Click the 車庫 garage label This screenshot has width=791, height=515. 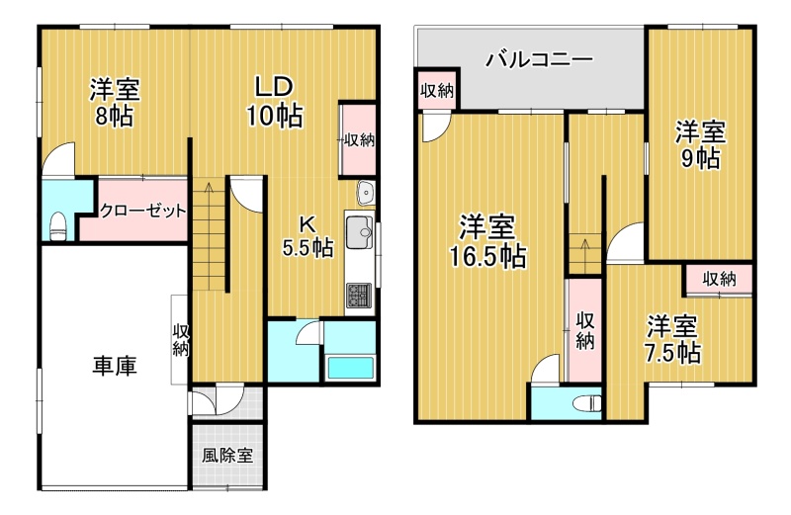pyautogui.click(x=115, y=366)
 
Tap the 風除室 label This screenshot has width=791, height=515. pyautogui.click(x=227, y=456)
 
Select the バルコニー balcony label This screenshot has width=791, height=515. pyautogui.click(x=539, y=60)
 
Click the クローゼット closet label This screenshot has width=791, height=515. pyautogui.click(x=142, y=211)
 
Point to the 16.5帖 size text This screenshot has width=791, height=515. pyautogui.click(x=487, y=256)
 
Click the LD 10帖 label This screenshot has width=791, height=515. pyautogui.click(x=275, y=102)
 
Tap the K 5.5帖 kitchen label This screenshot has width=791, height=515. pyautogui.click(x=308, y=235)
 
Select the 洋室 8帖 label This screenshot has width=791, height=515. pyautogui.click(x=115, y=103)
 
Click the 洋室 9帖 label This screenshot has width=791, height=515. pyautogui.click(x=701, y=144)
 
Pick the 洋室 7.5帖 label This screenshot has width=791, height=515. pyautogui.click(x=673, y=339)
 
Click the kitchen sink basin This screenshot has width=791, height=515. pyautogui.click(x=359, y=232)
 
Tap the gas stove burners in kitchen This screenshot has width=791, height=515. pyautogui.click(x=359, y=297)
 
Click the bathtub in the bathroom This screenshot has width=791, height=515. pyautogui.click(x=351, y=368)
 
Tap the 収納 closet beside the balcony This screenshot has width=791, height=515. pyautogui.click(x=437, y=90)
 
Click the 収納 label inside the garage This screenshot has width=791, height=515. pyautogui.click(x=181, y=340)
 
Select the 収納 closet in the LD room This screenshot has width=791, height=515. pyautogui.click(x=359, y=139)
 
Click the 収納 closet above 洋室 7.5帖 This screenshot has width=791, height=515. pyautogui.click(x=719, y=279)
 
